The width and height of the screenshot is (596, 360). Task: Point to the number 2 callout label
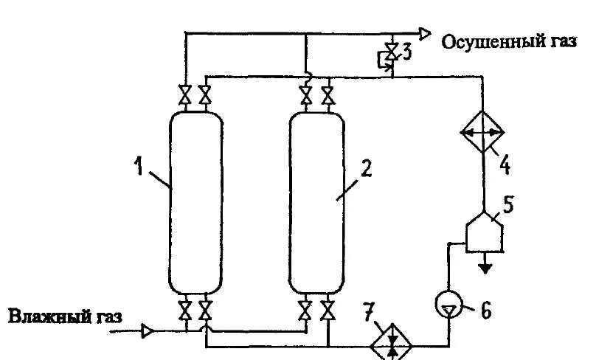367,169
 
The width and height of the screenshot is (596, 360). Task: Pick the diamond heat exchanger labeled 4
482,133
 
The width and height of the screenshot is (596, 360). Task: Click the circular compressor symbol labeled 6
448,304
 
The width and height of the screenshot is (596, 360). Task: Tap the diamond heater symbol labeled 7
392,342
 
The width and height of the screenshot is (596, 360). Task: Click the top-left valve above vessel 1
185,94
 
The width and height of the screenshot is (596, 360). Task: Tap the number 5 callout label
510,203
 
